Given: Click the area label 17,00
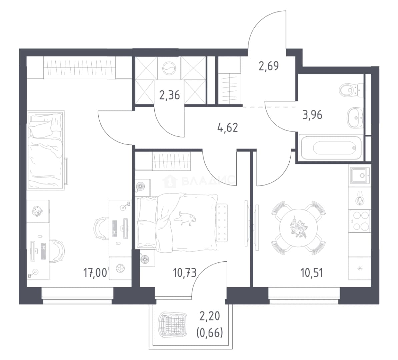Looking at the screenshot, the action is click(95, 273).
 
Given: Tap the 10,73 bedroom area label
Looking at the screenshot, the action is click(185, 273).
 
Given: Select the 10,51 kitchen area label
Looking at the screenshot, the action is click(312, 273).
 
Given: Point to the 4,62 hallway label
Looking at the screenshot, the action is click(228, 127).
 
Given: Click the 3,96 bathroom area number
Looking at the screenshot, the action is click(312, 115).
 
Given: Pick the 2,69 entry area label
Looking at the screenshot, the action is click(269, 66).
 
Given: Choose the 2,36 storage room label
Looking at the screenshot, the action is click(170, 95).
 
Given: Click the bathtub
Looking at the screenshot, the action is click(330, 148).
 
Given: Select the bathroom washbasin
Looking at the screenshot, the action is click(355, 118).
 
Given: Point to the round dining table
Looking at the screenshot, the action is click(299, 228).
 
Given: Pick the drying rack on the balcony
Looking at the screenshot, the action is click(173, 324).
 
